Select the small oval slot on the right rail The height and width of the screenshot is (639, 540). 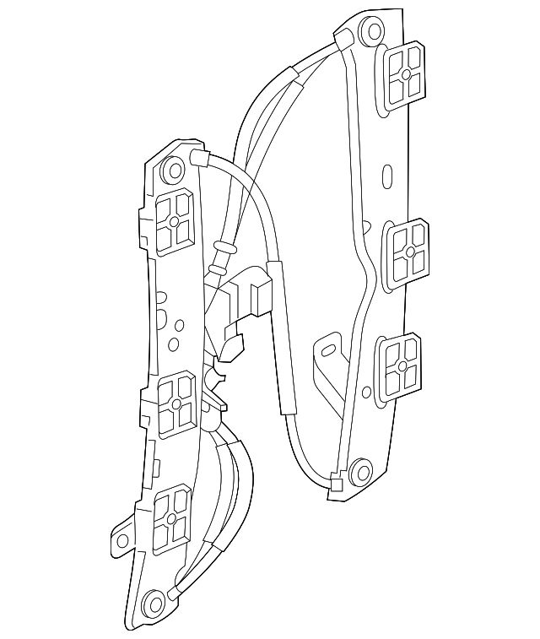(386, 178)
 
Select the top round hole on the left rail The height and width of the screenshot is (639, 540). (175, 169)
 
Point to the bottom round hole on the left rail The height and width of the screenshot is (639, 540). (153, 604)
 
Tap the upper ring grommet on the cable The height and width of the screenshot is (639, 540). (223, 249)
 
